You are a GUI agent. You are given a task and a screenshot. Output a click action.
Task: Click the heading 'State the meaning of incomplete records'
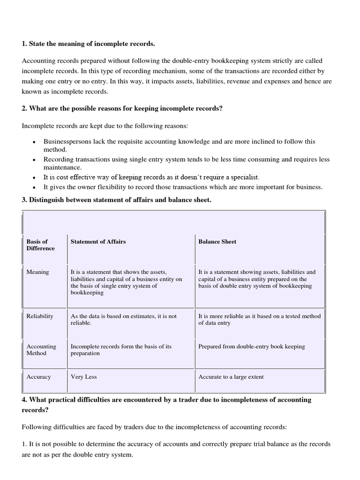tap(88, 44)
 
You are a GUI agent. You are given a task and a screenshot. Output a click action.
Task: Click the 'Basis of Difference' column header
tap(40, 245)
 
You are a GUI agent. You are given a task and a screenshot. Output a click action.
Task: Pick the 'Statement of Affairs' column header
tap(98, 241)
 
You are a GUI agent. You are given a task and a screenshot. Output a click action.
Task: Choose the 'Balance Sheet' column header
tap(217, 241)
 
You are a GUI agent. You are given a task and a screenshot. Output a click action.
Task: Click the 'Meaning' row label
tap(37, 272)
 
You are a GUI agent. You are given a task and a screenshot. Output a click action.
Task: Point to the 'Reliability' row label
tap(40, 316)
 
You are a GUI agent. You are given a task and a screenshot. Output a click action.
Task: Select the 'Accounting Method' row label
tap(41, 350)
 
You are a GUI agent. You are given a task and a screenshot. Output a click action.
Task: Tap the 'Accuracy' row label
tap(38, 376)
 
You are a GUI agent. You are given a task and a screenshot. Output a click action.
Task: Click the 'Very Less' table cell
tap(83, 376)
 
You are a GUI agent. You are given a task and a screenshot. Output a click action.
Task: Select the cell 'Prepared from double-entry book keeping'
tap(251, 346)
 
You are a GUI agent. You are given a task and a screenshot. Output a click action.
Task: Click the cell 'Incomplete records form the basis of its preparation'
tap(121, 350)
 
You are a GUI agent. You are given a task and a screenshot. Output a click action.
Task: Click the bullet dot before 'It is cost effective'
tap(34, 178)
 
